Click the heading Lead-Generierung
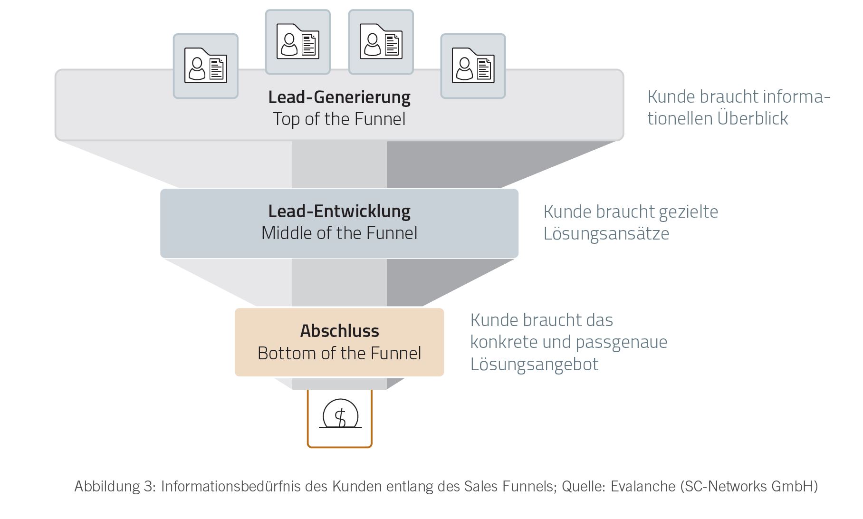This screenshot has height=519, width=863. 339,97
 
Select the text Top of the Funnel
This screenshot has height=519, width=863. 339,119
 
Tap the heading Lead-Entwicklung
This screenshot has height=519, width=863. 339,211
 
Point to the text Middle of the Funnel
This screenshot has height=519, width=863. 339,233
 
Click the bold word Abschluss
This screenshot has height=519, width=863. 339,331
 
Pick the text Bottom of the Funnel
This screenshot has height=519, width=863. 339,354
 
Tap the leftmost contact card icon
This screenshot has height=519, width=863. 205,66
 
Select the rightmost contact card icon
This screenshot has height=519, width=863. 473,66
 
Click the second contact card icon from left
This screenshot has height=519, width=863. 297,42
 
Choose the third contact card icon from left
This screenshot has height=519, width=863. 381,42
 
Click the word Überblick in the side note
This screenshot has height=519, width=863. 753,118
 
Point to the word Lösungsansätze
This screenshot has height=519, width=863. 606,234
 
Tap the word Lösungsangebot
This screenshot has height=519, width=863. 534,365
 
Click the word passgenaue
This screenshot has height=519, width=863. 622,342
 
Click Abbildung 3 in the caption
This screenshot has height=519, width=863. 114,486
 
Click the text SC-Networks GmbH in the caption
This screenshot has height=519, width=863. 748,486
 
